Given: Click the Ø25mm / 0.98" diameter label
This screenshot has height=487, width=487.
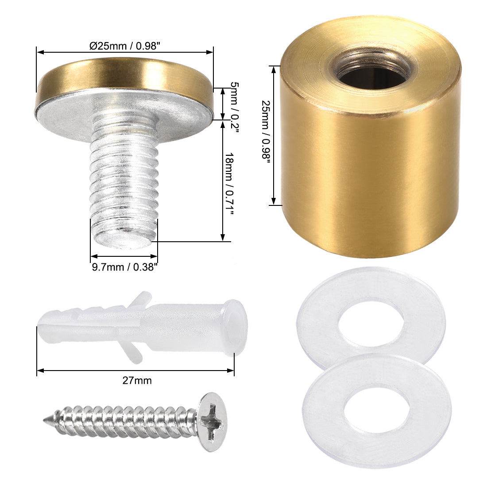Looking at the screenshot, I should pyautogui.click(x=124, y=46).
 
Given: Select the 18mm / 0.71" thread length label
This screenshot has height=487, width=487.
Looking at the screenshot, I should pyautogui.click(x=229, y=183).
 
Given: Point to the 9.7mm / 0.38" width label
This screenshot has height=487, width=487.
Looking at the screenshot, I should pyautogui.click(x=124, y=267).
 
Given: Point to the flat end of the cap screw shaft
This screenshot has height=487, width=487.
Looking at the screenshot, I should pyautogui.click(x=124, y=239).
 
